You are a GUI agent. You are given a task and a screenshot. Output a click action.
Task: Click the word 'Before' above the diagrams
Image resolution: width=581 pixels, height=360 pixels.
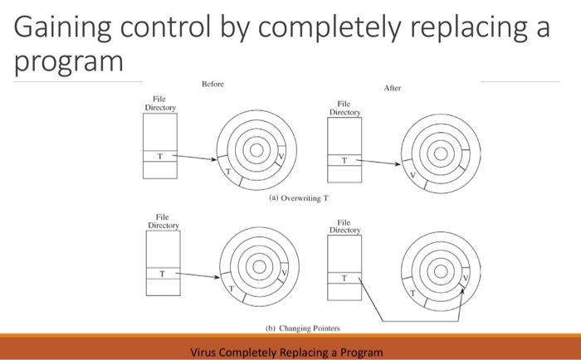pos(212,84)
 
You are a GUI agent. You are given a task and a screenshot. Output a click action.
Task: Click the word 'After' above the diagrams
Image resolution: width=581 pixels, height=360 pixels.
pos(393,88)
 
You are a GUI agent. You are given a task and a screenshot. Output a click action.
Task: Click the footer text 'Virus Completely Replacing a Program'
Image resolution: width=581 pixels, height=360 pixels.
pos(286,352)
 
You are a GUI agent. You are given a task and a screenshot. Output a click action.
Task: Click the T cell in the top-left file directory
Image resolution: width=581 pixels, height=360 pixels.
pos(159,155)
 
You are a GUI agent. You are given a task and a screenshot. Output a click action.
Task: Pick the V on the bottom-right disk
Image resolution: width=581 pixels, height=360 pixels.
pos(465,278)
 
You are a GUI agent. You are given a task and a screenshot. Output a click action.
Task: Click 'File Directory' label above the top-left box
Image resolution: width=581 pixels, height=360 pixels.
pos(160,104)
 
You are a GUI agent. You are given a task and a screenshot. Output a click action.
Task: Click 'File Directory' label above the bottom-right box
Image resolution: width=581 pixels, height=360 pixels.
pos(345,226)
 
